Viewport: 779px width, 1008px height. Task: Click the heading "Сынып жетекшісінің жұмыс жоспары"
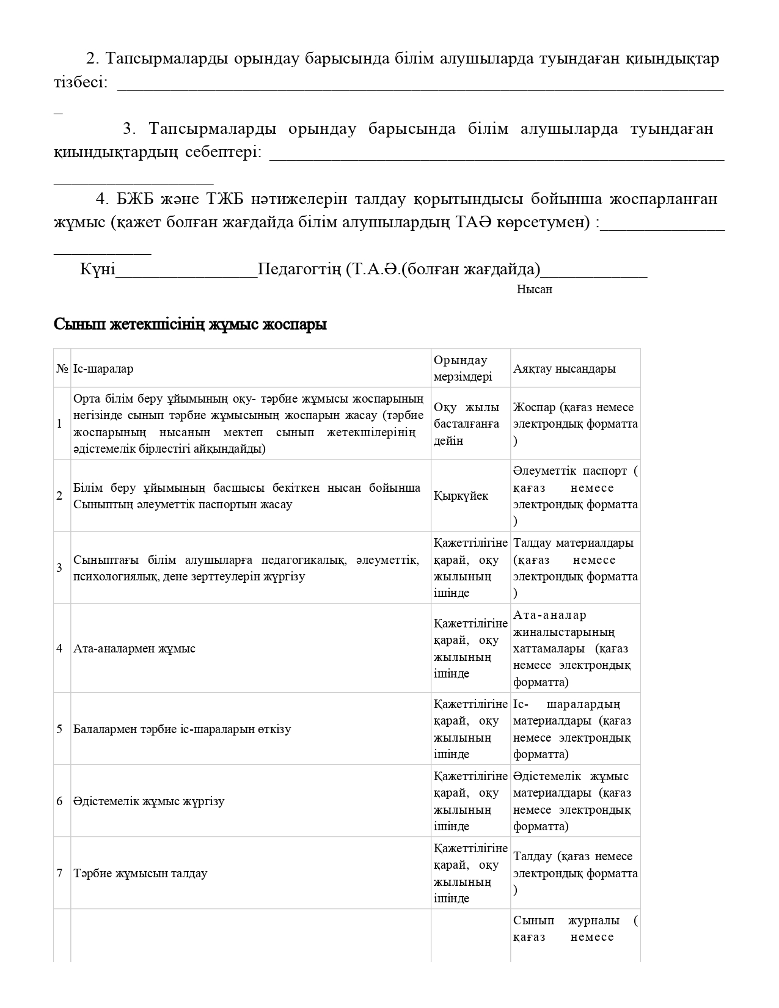pyautogui.click(x=190, y=324)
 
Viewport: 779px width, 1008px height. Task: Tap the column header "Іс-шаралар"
pyautogui.click(x=103, y=369)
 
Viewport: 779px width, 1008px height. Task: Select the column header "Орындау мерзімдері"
pyautogui.click(x=463, y=368)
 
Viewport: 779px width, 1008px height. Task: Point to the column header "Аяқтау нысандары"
pyautogui.click(x=565, y=369)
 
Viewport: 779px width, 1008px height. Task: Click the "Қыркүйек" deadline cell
pyautogui.click(x=461, y=496)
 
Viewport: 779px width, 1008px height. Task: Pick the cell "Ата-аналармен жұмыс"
pyautogui.click(x=134, y=649)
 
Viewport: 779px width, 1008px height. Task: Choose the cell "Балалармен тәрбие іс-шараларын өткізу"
pyautogui.click(x=182, y=729)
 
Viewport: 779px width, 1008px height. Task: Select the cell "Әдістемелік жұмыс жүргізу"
pyautogui.click(x=149, y=802)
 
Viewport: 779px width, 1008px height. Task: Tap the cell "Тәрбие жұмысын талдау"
pyautogui.click(x=141, y=874)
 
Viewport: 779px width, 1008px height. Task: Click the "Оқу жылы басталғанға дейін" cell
pyautogui.click(x=467, y=424)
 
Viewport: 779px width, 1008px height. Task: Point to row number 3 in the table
pyautogui.click(x=60, y=568)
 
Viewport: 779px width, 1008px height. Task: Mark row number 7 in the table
pyautogui.click(x=60, y=874)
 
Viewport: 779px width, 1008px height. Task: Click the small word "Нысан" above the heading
pyautogui.click(x=534, y=290)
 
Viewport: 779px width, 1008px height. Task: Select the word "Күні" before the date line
pyautogui.click(x=97, y=269)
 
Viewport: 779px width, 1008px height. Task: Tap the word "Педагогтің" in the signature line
pyautogui.click(x=299, y=269)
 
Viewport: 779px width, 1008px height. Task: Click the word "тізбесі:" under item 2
pyautogui.click(x=81, y=82)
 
